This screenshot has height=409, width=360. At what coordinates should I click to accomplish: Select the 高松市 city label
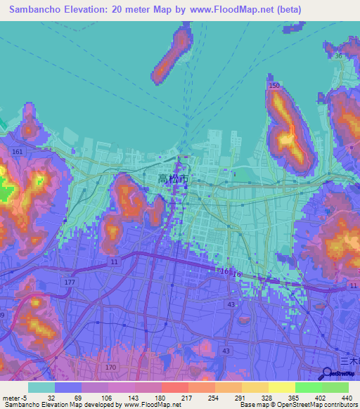pyautogui.click(x=172, y=180)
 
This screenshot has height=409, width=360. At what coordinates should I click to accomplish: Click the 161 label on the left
pyautogui.click(x=18, y=152)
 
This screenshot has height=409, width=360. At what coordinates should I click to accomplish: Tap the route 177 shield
pyautogui.click(x=69, y=282)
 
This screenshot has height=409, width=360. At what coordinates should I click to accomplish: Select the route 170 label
pyautogui.click(x=110, y=367)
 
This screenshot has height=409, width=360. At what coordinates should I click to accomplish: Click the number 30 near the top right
pyautogui.click(x=339, y=56)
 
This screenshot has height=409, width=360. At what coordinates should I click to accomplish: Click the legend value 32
pyautogui.click(x=51, y=398)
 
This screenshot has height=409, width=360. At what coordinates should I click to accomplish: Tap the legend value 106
pyautogui.click(x=106, y=398)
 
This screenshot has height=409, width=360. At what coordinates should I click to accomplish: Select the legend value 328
pyautogui.click(x=266, y=398)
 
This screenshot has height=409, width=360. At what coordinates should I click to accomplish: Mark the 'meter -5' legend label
pyautogui.click(x=15, y=398)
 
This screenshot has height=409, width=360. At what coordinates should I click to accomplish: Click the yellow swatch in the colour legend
pyautogui.click(x=281, y=387)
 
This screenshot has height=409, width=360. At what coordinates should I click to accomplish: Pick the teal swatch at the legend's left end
pyautogui.click(x=41, y=387)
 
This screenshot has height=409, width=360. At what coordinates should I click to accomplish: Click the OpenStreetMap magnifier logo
pyautogui.click(x=328, y=373)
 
